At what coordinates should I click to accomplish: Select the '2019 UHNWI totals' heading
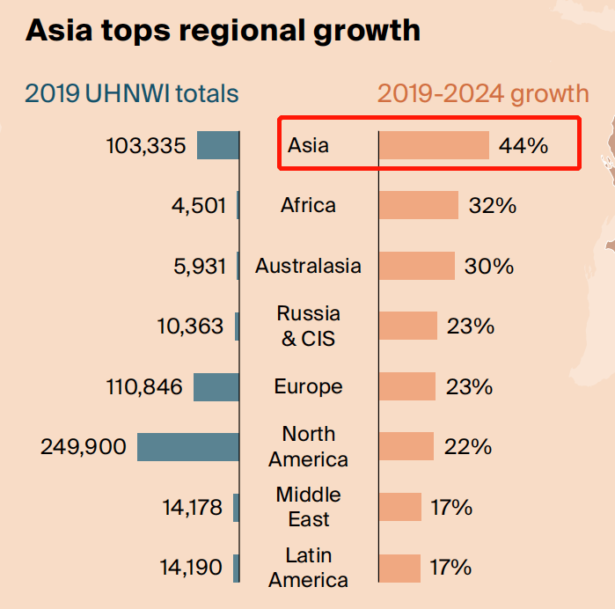tap(132, 93)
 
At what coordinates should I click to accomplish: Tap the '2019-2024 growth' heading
tap(483, 94)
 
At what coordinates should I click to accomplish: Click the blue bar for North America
tap(188, 447)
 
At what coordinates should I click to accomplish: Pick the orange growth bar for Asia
tap(434, 145)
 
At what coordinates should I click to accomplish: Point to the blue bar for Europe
tap(216, 387)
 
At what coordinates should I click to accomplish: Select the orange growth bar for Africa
tap(419, 205)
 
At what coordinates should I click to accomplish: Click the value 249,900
tap(84, 447)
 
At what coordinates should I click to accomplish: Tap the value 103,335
tap(146, 145)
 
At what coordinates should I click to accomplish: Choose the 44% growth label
tap(523, 145)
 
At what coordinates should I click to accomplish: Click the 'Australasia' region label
tap(308, 266)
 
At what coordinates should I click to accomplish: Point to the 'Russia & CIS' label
tap(308, 326)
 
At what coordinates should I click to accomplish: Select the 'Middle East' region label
tap(308, 507)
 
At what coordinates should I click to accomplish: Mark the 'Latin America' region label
tap(308, 568)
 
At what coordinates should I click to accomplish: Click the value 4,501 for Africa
tap(199, 206)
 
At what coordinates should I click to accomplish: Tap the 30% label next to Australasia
tap(489, 266)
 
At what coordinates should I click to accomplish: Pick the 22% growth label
tap(468, 446)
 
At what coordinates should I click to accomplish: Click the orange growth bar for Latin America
tap(399, 569)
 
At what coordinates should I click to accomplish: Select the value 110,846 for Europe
tap(144, 387)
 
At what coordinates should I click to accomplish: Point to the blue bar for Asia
tap(218, 145)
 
